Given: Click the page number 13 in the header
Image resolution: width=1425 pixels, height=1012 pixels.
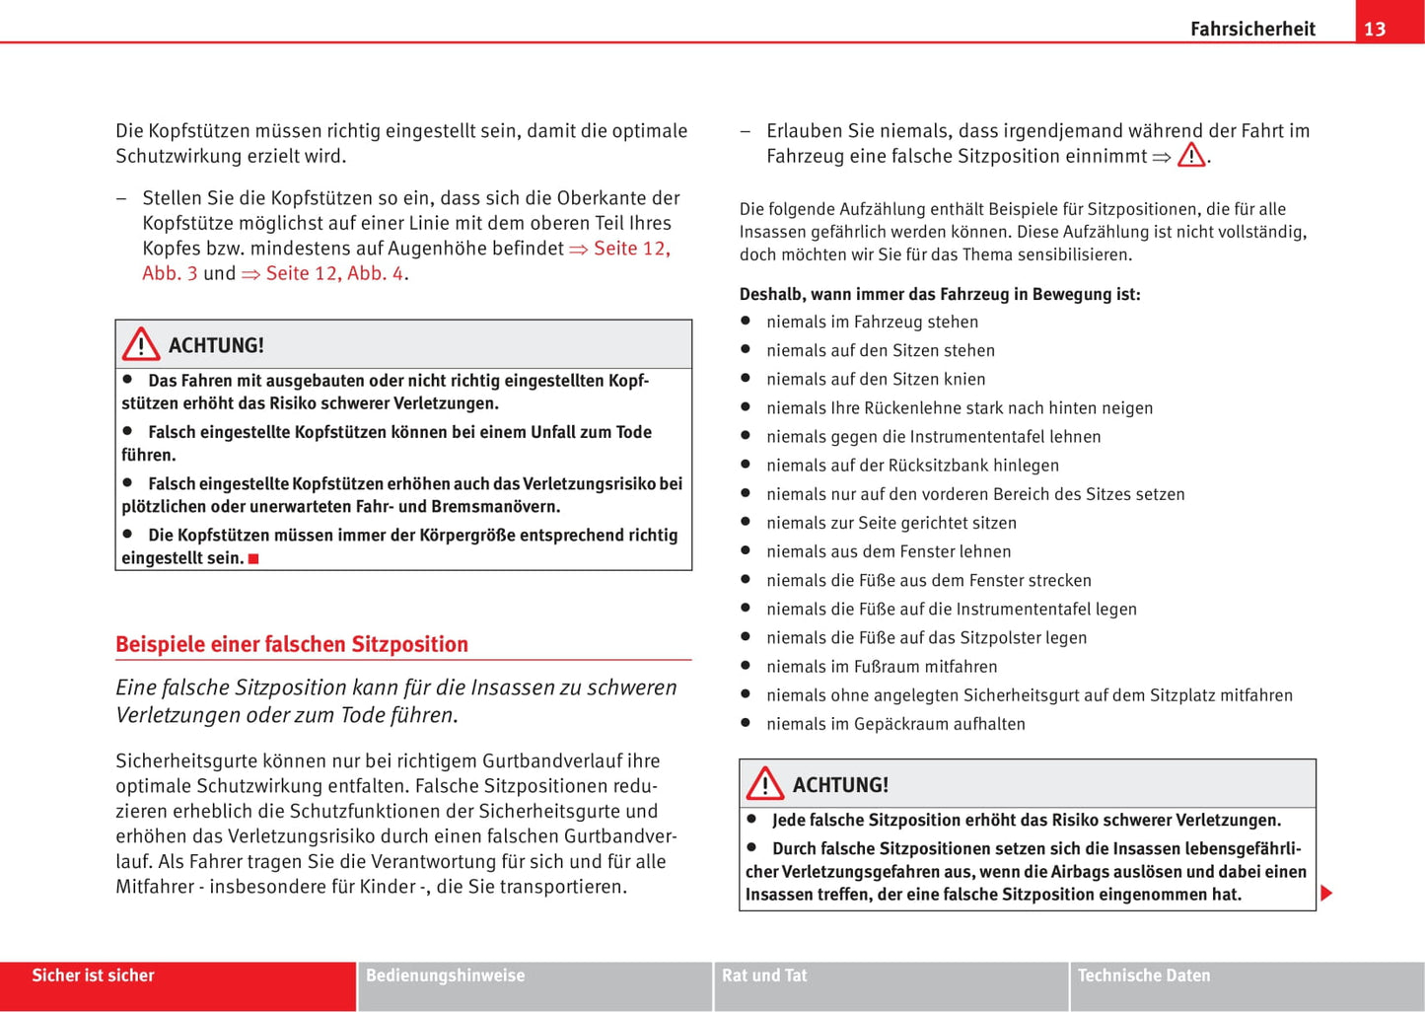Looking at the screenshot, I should [1375, 29].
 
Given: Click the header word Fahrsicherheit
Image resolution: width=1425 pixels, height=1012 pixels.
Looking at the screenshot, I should [1252, 29].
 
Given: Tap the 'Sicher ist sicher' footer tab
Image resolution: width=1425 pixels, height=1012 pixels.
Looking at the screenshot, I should [94, 976].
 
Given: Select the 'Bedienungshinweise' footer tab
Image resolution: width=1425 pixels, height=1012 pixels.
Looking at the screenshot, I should [445, 976].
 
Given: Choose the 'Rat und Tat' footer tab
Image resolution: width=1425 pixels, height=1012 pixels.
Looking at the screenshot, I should [764, 976].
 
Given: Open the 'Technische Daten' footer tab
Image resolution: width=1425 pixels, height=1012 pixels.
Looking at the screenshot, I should [1144, 976].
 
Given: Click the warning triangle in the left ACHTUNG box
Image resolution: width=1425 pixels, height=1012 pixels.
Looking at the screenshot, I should [141, 344].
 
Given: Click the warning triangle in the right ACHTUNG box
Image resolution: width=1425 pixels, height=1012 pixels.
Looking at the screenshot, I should [765, 784].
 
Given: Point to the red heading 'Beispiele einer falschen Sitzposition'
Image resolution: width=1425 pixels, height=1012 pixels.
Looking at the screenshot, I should [292, 644].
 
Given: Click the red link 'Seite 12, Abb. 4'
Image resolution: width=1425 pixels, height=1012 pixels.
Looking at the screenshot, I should [334, 273].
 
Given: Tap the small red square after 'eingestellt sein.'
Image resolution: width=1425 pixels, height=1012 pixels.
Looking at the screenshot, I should [253, 559].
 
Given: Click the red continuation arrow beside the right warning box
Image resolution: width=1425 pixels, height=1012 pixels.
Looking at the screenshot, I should [1326, 894].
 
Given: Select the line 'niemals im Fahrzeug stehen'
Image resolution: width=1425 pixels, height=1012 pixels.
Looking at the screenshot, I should [872, 322].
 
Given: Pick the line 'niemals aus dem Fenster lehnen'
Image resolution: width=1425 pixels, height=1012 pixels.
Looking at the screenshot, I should [889, 551].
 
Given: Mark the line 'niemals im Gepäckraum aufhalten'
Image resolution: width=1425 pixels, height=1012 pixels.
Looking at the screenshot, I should [895, 724].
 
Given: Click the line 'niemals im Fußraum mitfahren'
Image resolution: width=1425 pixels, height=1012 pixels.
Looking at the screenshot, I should [882, 667].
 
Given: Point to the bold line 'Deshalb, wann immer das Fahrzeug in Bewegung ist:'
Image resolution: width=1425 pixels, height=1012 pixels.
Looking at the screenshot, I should [940, 294].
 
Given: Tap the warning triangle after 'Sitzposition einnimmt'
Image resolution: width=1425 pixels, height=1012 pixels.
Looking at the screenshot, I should [1191, 156].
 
